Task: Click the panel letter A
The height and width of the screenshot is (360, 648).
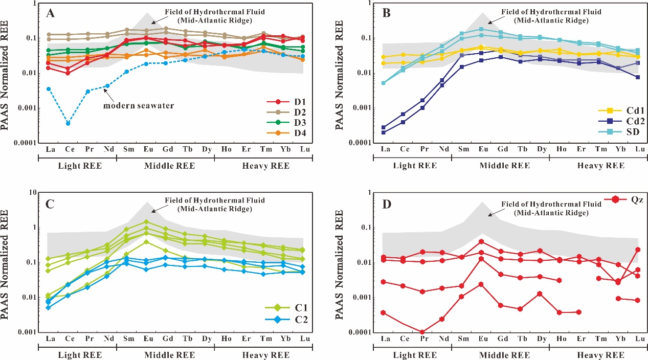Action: pos(51,14)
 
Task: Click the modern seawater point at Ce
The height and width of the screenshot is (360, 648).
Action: pos(68,123)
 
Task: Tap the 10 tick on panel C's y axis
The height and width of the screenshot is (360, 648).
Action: pos(33,192)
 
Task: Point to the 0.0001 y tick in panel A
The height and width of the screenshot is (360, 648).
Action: pos(24,143)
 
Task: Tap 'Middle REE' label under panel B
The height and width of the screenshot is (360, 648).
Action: pos(500,166)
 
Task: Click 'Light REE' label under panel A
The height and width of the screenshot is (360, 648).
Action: pos(77,166)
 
